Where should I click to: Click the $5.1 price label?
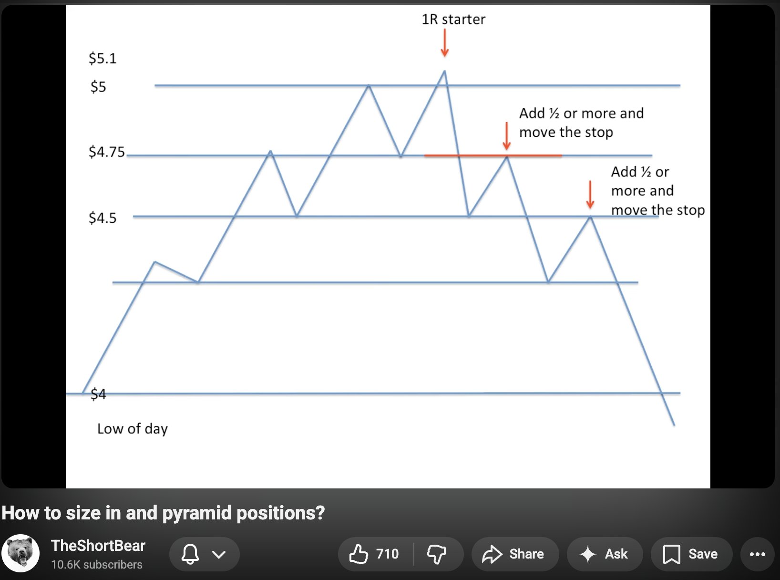pyautogui.click(x=103, y=58)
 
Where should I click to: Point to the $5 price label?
pyautogui.click(x=98, y=87)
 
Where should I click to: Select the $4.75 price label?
pyautogui.click(x=107, y=152)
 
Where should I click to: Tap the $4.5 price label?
pyautogui.click(x=103, y=218)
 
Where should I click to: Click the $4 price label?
pyautogui.click(x=98, y=394)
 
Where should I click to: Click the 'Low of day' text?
pyautogui.click(x=132, y=429)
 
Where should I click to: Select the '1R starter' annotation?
pyautogui.click(x=453, y=20)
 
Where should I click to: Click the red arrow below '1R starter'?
pyautogui.click(x=444, y=42)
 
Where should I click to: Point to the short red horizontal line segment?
pyautogui.click(x=493, y=155)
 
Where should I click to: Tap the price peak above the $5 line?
pyautogui.click(x=444, y=72)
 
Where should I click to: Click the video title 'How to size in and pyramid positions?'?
pyautogui.click(x=163, y=512)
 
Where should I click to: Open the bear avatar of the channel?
pyautogui.click(x=21, y=553)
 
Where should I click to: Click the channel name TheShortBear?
pyautogui.click(x=98, y=546)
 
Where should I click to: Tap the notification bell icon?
pyautogui.click(x=190, y=554)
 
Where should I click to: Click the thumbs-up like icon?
pyautogui.click(x=359, y=554)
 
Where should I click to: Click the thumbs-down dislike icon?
pyautogui.click(x=436, y=554)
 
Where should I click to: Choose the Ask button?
pyautogui.click(x=605, y=554)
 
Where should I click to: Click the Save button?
pyautogui.click(x=691, y=554)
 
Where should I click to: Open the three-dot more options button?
pyautogui.click(x=757, y=554)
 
